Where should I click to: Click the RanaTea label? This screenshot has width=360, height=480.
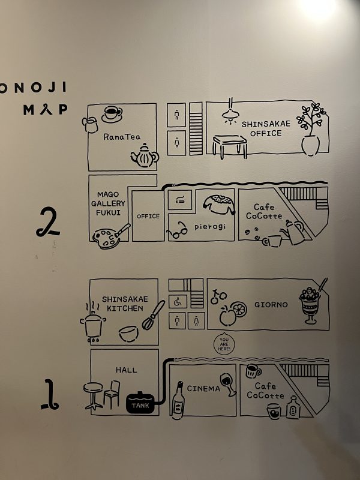(122, 137)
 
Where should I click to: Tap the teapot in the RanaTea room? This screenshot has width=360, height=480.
(145, 155)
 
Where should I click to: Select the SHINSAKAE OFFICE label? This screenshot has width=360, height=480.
(266, 128)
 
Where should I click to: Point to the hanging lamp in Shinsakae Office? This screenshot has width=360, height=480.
(230, 112)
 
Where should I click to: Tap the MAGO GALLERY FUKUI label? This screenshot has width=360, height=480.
(108, 203)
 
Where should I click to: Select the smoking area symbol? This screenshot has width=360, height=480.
(180, 199)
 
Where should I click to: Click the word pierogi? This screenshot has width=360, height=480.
(210, 227)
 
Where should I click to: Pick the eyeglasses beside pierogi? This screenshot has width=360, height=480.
(177, 230)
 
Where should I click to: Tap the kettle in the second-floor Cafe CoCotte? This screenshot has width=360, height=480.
(293, 232)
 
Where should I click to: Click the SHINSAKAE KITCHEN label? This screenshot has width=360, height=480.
(125, 304)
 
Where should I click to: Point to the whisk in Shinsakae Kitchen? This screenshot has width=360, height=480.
(153, 316)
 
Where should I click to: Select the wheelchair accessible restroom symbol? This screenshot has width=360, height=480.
(178, 302)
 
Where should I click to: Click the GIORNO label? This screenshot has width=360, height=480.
(271, 305)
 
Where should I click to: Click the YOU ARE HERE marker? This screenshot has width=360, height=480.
(223, 344)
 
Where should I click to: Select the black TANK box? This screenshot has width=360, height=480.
(140, 403)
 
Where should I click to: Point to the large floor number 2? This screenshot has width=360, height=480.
(47, 222)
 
